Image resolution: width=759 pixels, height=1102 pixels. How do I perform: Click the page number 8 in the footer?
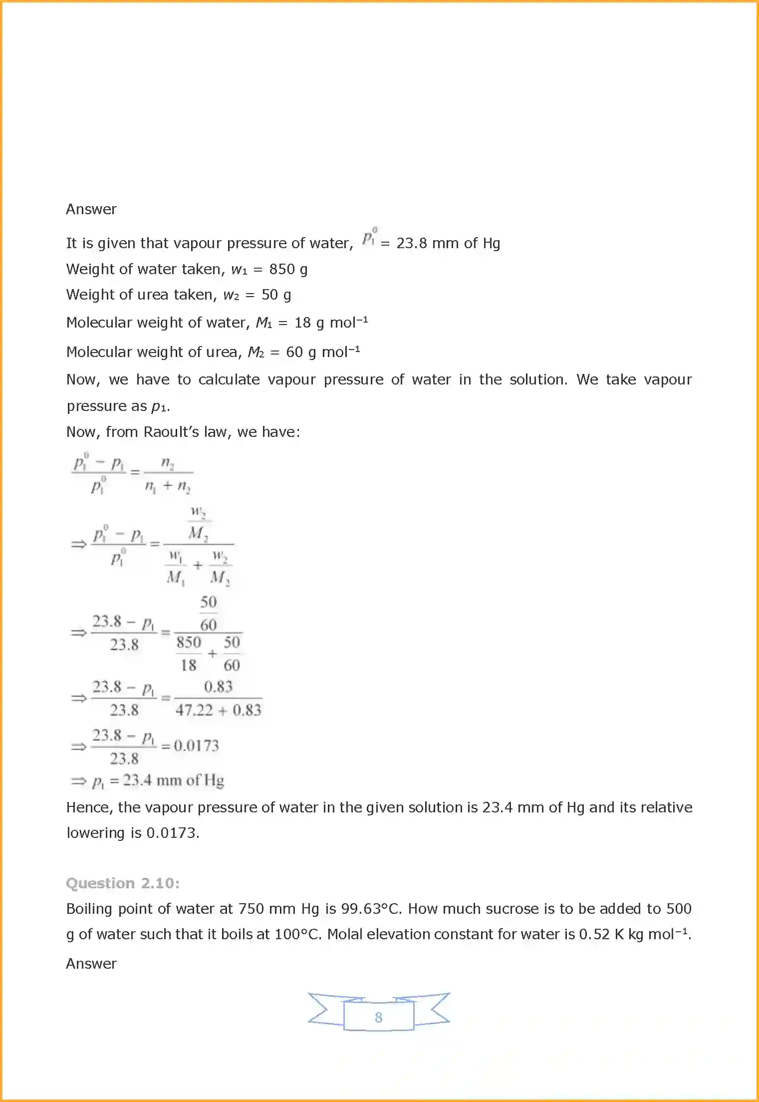point(378,1017)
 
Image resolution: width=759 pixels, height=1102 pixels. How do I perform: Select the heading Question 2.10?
point(123,883)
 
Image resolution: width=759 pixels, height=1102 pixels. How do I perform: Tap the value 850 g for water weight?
point(288,269)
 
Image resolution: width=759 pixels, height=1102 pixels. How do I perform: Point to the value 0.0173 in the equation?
point(196,746)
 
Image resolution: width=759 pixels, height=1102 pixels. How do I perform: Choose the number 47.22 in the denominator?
point(194,710)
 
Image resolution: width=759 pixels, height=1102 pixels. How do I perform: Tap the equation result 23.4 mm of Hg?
point(173,780)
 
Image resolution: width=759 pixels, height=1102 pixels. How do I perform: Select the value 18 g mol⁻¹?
point(331,323)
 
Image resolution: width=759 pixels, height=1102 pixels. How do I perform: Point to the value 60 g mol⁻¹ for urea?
point(322,352)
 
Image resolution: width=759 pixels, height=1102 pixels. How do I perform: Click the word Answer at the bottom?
point(91,964)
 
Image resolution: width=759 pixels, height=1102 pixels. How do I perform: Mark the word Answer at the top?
point(91,209)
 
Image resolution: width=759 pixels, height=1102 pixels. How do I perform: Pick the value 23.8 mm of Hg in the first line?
point(448,243)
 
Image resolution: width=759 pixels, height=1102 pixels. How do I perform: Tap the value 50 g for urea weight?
point(276,295)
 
